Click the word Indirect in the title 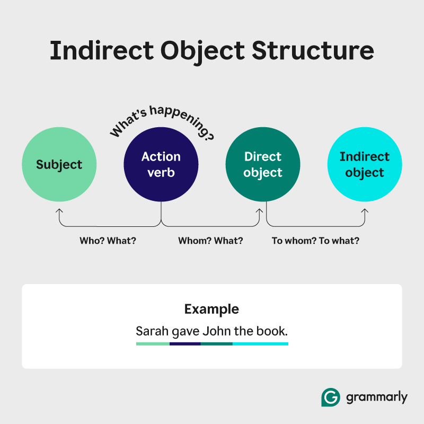point(102,50)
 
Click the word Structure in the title point(313,50)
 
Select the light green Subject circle point(59,164)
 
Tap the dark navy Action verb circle point(161,164)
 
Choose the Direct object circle point(263,164)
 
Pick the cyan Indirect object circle point(365,164)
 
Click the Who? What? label point(108,241)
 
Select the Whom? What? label point(210,241)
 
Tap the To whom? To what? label point(315,241)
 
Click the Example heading point(211,309)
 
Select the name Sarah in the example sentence point(152,331)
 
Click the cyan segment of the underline point(260,344)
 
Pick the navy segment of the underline point(185,344)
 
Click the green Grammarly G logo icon point(331,397)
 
